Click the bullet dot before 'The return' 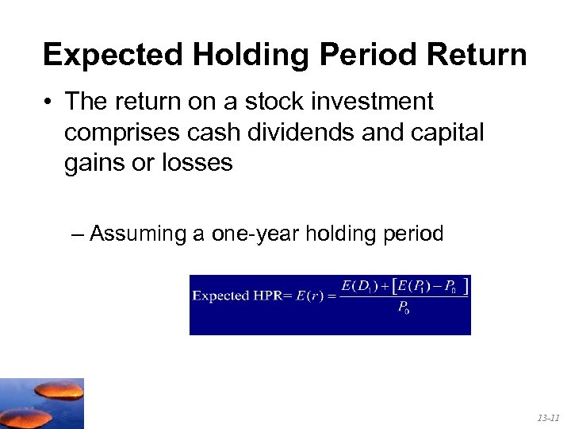click(48, 102)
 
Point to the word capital click(446, 133)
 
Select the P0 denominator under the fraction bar click(404, 308)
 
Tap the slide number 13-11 click(547, 417)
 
